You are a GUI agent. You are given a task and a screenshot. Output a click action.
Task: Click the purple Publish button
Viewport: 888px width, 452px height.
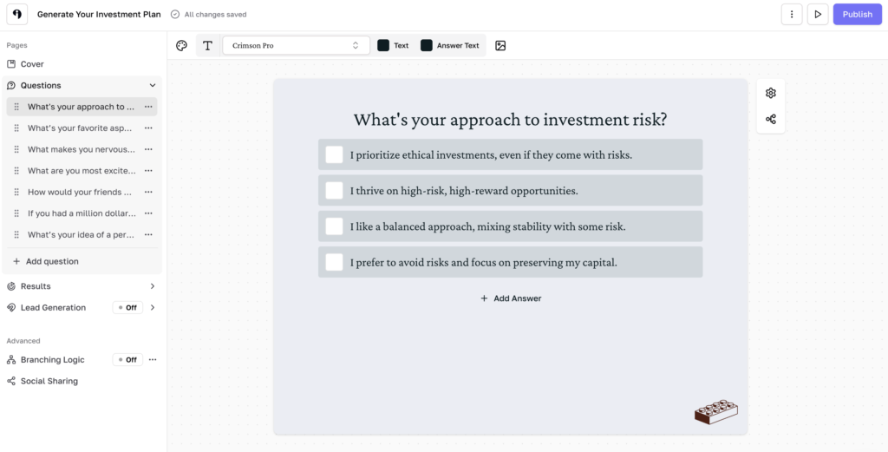857,15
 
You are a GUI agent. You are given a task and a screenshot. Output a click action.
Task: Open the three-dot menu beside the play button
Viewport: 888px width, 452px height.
791,15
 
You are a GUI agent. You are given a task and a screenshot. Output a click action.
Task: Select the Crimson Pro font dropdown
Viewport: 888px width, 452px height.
296,45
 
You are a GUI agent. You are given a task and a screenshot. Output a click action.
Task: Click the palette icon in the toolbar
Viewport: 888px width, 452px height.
181,45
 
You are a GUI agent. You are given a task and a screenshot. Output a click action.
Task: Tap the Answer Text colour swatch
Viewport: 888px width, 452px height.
427,45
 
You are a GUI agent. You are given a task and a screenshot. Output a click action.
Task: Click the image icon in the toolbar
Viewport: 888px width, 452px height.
500,45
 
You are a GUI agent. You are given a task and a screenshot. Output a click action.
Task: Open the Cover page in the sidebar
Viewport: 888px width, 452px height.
32,64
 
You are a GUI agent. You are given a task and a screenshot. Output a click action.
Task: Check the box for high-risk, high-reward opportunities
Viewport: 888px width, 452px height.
334,190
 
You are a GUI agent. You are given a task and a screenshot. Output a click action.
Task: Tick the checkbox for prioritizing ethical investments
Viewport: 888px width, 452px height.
334,154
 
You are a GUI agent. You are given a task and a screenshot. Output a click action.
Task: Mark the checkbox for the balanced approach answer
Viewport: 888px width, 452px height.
334,226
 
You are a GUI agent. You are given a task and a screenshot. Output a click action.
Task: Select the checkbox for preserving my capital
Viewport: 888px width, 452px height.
334,261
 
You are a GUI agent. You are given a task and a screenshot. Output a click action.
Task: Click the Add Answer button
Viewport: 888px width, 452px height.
511,298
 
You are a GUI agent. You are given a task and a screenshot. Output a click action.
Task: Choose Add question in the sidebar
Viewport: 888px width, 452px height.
51,261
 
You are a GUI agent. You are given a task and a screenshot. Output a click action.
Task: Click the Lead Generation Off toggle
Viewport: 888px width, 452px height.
127,307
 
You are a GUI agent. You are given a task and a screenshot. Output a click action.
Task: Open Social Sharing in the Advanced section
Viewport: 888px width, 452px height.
49,381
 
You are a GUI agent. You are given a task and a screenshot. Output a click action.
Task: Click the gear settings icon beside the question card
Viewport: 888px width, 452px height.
771,93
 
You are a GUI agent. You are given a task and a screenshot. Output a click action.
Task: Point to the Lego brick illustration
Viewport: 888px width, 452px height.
716,412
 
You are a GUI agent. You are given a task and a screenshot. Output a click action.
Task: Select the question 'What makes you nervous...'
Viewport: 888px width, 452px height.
81,149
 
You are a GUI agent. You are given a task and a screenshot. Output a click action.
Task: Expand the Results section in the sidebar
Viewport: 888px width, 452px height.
153,286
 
